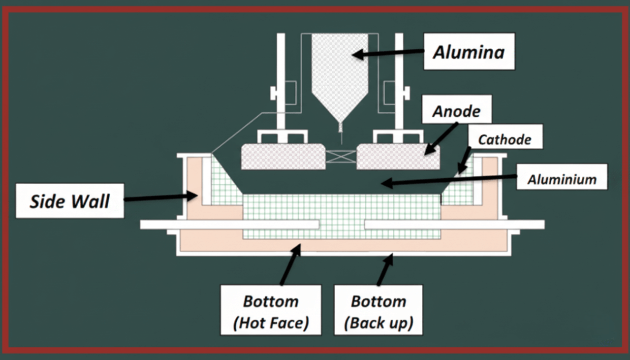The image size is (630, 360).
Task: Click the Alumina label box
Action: point(469,51)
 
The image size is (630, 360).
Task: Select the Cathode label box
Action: point(504,139)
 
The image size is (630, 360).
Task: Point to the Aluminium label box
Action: point(561,179)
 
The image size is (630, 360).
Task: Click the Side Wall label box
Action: point(69,200)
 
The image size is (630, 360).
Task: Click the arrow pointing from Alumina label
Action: point(389,52)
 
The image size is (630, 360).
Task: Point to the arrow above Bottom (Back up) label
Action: point(385,269)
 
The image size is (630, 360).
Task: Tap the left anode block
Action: point(283,157)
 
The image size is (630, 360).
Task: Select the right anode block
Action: point(398,157)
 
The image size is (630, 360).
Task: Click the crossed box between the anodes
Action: point(341,157)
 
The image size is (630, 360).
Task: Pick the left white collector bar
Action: point(229,225)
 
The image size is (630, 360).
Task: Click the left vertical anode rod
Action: point(281,84)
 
